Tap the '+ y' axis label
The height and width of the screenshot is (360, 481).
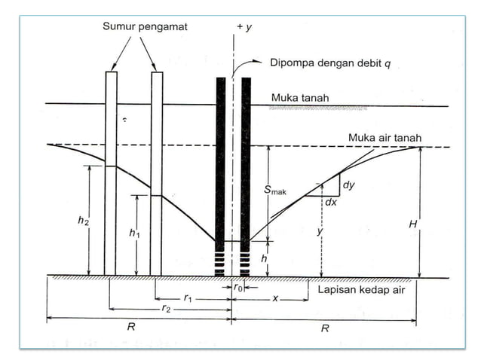pyautogui.click(x=243, y=27)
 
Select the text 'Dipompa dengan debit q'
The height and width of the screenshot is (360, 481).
pyautogui.click(x=330, y=63)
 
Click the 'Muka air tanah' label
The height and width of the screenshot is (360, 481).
pyautogui.click(x=384, y=137)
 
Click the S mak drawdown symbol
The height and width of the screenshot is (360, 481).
pyautogui.click(x=275, y=191)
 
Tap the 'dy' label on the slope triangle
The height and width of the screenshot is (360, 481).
pyautogui.click(x=348, y=185)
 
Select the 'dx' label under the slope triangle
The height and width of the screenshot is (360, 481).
pyautogui.click(x=330, y=203)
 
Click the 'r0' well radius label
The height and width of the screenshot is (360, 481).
pyautogui.click(x=237, y=288)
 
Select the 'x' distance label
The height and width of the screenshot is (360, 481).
pyautogui.click(x=275, y=299)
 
